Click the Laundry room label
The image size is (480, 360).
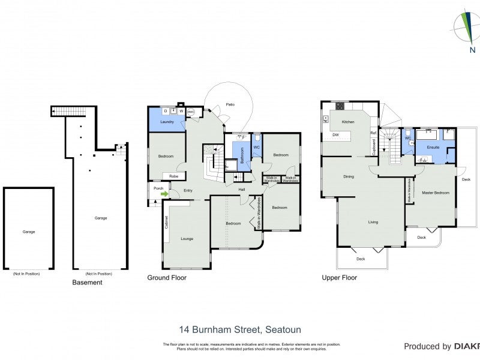pos(167,122)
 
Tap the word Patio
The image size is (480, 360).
pos(230,104)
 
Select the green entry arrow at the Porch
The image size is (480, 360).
pos(164,193)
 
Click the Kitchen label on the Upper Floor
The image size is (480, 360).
pos(349,122)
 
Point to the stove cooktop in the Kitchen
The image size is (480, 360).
pos(340,107)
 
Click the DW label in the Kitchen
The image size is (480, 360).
pos(336,135)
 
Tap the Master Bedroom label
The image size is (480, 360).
pos(436,193)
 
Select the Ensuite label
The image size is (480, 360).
pos(433,147)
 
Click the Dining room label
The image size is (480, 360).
pos(349,176)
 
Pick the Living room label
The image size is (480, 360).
pos(373,222)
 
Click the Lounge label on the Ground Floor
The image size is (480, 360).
pos(187,238)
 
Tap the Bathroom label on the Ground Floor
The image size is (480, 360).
pos(242,156)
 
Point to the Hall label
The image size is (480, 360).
pos(242,190)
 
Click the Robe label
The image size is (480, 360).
pos(173,176)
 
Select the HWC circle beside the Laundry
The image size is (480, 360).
pos(191,112)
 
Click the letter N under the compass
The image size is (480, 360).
pos(472,50)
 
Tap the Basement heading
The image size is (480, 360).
pos(87,282)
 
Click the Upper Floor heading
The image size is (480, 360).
pos(340,278)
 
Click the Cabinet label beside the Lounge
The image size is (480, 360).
pos(166,221)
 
